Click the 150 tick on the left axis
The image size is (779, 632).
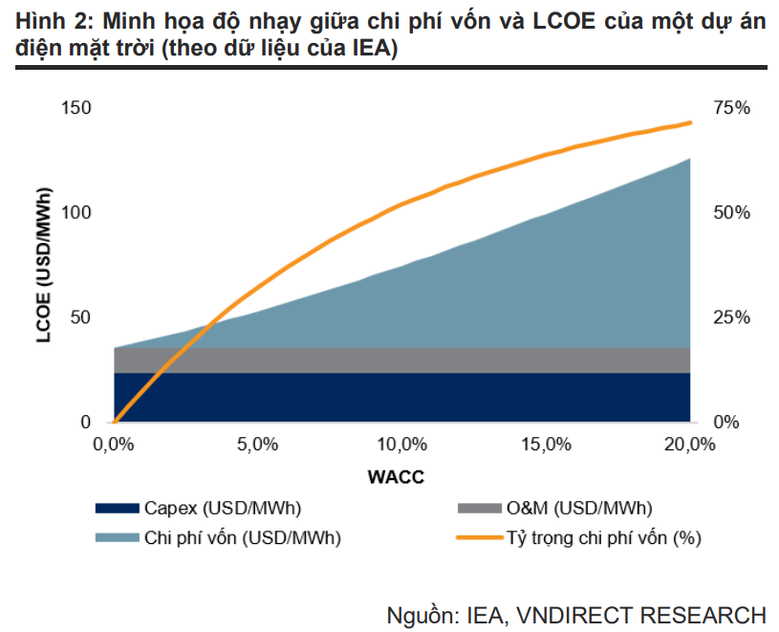point(76,108)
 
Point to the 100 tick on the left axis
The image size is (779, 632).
point(76,212)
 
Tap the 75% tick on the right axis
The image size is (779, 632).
point(732,108)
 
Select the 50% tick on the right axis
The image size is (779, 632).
point(732,212)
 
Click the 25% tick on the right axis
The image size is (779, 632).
point(732,317)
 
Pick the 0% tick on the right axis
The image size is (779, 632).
point(726,423)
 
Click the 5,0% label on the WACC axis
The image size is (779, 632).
point(257,445)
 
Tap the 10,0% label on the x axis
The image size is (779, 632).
point(401,445)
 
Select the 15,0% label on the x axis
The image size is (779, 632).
point(546,445)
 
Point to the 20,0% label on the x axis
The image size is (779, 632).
point(689,445)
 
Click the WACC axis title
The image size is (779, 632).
point(396,477)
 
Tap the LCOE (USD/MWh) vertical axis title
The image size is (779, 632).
point(44,265)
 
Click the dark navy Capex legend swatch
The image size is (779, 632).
point(118,509)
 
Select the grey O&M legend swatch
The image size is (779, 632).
point(480,509)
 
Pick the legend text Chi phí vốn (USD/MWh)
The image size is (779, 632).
point(243,538)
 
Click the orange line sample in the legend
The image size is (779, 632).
point(480,537)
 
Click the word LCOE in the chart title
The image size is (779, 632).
point(564,21)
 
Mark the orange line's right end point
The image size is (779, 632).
point(690,122)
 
